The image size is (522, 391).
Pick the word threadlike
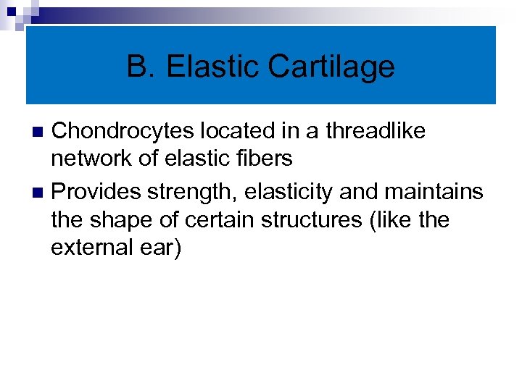[376, 131]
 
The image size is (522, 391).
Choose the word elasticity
[279, 192]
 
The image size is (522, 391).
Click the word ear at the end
[160, 248]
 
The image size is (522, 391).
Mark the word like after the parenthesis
[391, 219]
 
